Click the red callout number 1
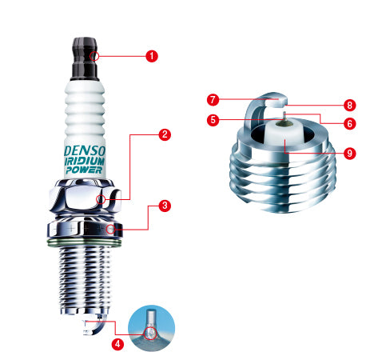tap(152, 56)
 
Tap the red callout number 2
tap(164, 134)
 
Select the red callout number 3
tap(164, 206)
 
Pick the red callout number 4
tap(117, 345)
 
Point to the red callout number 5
tap(213, 120)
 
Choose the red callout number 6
tap(349, 123)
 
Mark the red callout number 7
tap(213, 100)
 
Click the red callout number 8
tap(349, 105)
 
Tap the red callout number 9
tap(349, 153)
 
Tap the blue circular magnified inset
tap(150, 329)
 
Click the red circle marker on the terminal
tap(95, 56)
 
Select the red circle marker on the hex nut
tap(101, 199)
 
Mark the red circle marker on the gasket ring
tap(110, 230)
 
